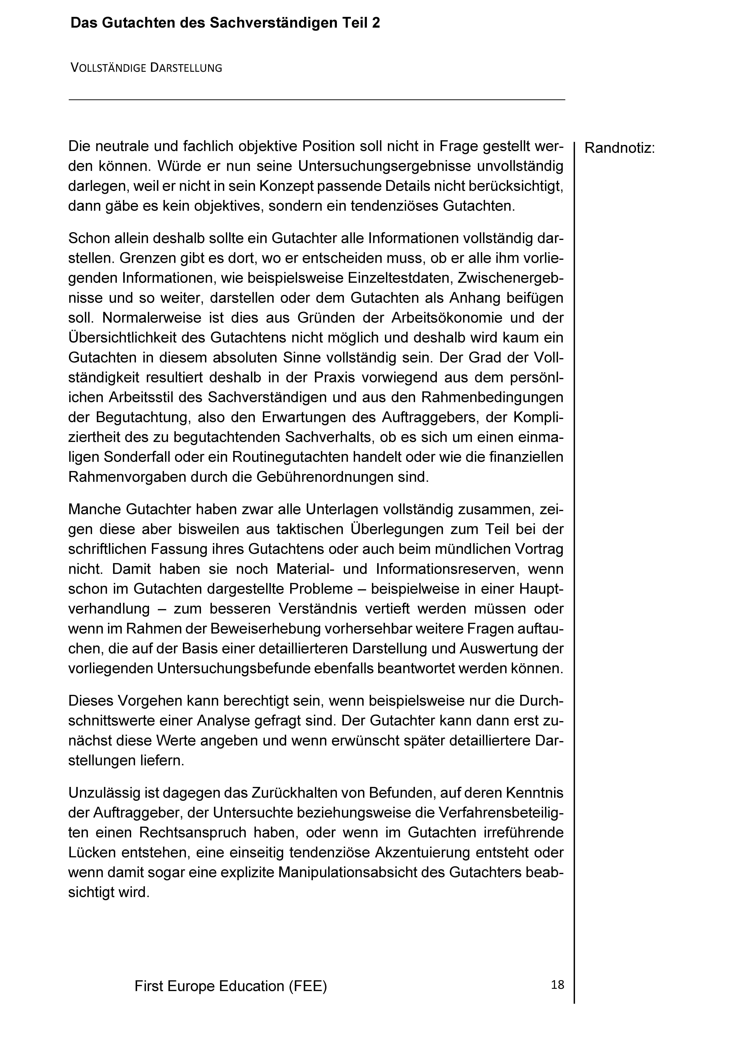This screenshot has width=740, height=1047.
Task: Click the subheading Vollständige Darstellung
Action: (146, 68)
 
